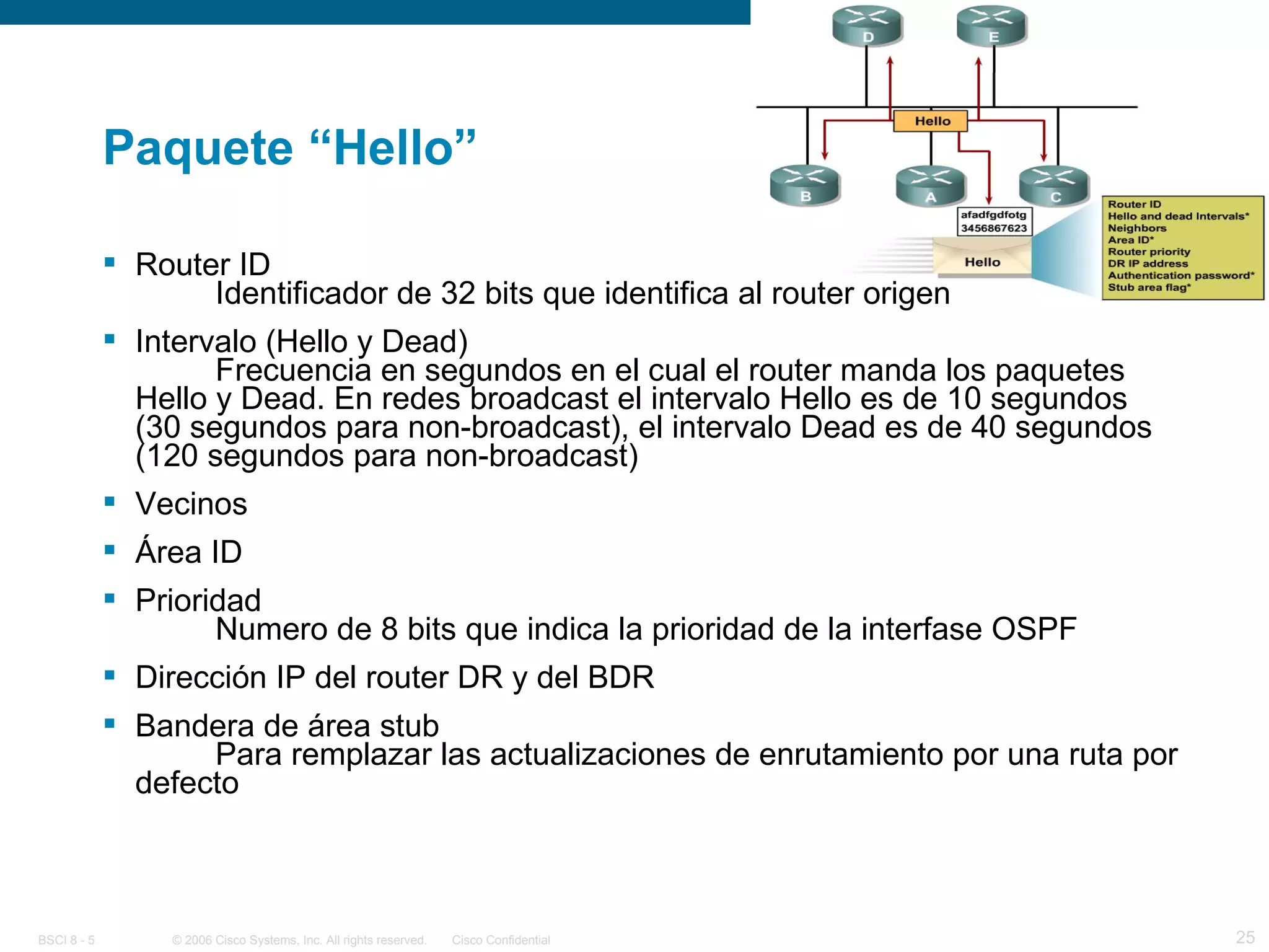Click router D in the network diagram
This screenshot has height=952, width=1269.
pyautogui.click(x=867, y=26)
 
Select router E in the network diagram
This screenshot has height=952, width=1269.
pyautogui.click(x=992, y=26)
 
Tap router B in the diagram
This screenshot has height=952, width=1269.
pyautogui.click(x=805, y=185)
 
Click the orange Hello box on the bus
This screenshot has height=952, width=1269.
pyautogui.click(x=931, y=121)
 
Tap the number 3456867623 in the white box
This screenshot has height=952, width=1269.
pyautogui.click(x=993, y=228)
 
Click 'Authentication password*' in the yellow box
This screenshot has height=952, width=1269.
pyautogui.click(x=1180, y=275)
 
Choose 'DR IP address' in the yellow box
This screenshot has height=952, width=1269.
pyautogui.click(x=1148, y=263)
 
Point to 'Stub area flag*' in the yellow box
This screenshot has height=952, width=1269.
pyautogui.click(x=1149, y=288)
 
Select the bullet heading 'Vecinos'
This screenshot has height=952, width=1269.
pyautogui.click(x=191, y=503)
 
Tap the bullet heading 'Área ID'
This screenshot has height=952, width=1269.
pyautogui.click(x=188, y=552)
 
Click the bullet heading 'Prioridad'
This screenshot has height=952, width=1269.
pyautogui.click(x=198, y=600)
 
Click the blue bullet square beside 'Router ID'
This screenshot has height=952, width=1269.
pyautogui.click(x=110, y=262)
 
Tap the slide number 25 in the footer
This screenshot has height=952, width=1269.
pyautogui.click(x=1245, y=937)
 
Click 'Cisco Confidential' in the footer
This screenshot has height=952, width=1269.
pyautogui.click(x=501, y=940)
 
